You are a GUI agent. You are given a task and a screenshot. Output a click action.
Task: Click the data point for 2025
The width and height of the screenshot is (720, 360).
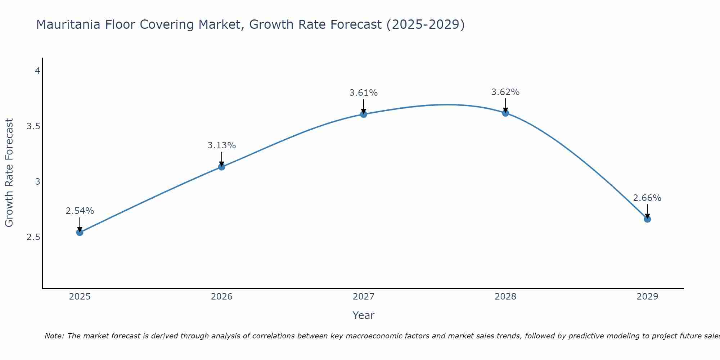pos(80,232)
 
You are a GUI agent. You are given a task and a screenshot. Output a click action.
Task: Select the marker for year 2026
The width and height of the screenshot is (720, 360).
pos(222,167)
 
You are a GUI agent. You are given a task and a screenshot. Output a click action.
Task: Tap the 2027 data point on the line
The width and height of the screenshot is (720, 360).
pos(364,114)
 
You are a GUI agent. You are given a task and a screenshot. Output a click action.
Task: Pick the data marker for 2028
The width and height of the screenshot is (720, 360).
pos(505,113)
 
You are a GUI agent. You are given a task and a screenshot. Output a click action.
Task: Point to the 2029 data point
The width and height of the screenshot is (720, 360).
pos(647,219)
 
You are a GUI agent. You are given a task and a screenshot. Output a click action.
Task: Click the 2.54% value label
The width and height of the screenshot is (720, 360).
pos(80,211)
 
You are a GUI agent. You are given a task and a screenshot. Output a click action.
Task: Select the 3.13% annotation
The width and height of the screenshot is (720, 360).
pos(222,145)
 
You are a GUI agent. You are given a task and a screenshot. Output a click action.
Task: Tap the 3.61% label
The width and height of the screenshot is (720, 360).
pos(364,93)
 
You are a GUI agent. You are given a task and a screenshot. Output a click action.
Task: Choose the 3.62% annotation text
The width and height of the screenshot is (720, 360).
pos(505,92)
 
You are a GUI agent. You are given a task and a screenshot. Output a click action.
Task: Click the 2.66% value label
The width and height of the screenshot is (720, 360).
pos(647,198)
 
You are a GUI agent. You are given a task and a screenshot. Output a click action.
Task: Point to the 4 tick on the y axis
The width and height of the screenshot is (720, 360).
pos(37,71)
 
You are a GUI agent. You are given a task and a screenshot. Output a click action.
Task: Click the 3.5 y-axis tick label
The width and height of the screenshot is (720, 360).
pos(33,126)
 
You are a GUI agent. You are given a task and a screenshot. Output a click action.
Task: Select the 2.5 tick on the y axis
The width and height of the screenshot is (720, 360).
pos(33,237)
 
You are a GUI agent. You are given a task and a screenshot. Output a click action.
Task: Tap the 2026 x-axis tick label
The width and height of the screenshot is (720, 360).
pos(222,297)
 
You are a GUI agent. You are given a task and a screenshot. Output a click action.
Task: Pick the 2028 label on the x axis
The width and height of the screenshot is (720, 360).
pos(505,297)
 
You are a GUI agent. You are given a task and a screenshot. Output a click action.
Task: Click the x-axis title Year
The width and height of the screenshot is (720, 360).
pos(364,315)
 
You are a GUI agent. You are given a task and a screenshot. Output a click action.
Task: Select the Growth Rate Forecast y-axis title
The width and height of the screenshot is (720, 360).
pos(9,173)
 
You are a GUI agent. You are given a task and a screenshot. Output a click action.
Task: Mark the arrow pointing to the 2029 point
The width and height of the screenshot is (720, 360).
pos(647,211)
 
